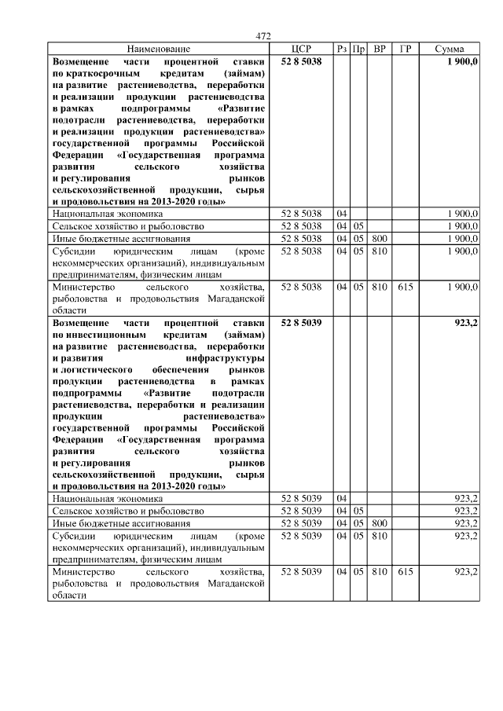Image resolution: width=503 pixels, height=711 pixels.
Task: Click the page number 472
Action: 263,36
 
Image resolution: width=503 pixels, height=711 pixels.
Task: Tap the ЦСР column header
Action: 301,49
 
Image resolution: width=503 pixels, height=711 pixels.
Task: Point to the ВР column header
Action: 380,49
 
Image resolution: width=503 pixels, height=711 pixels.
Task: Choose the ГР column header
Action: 405,49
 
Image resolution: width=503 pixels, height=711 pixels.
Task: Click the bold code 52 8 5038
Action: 301,60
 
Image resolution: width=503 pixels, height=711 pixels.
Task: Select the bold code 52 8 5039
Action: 301,322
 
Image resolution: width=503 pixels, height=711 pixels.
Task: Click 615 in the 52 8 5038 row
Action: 405,288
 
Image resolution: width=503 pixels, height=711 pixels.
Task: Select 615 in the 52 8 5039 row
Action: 405,572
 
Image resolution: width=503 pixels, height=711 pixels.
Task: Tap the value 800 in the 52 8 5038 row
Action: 380,237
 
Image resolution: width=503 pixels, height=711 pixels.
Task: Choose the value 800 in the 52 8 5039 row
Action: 380,522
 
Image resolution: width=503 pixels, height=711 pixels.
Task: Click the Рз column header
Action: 341,49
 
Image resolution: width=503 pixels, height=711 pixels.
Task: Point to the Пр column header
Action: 358,49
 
